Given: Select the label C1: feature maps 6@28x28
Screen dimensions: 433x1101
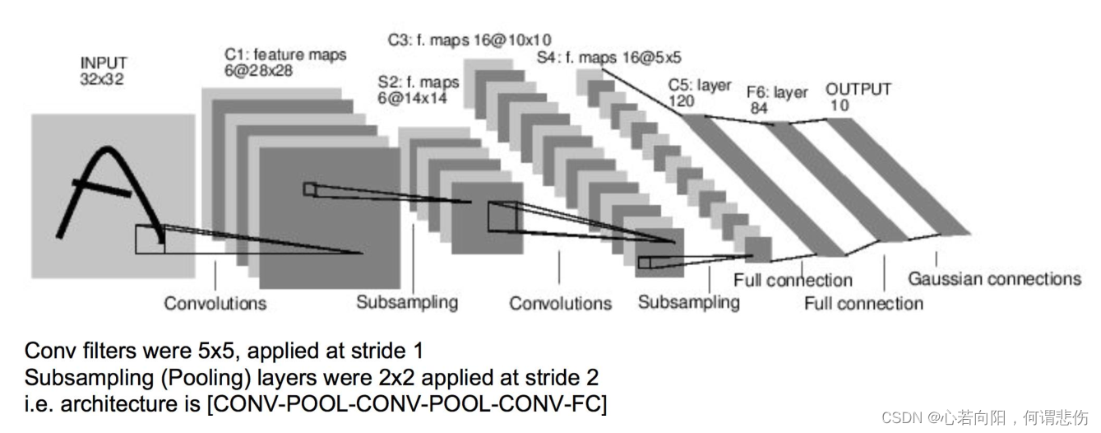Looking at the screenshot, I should (x=285, y=63).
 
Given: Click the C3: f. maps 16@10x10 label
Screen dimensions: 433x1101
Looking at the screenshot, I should (x=469, y=39).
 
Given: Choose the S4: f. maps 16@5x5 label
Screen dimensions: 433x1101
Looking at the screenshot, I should (x=608, y=58).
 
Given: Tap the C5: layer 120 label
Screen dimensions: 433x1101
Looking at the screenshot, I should (x=699, y=93).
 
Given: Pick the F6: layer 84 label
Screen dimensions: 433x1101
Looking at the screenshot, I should (x=776, y=100).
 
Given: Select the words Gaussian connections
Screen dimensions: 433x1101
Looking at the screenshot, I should (x=994, y=279).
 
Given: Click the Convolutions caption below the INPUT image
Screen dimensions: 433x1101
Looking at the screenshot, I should (x=215, y=303).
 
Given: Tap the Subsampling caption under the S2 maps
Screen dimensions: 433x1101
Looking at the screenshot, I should (x=407, y=302).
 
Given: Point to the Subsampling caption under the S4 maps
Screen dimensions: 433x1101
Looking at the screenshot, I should (x=688, y=302).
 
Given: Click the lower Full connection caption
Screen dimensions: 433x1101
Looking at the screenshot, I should (x=863, y=304).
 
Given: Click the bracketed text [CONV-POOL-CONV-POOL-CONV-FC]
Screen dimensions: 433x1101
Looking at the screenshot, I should (x=408, y=405).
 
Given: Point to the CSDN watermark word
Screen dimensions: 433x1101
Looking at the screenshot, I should (x=901, y=417).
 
